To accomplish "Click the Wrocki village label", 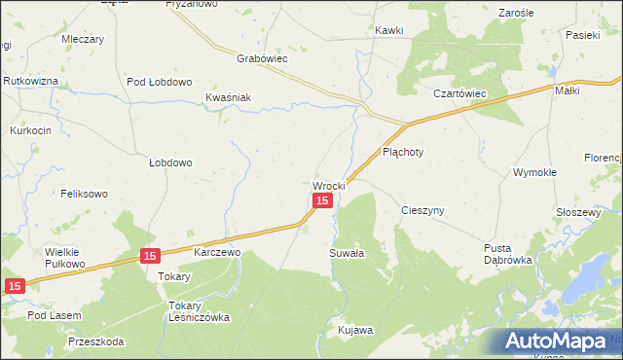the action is coord(329,185).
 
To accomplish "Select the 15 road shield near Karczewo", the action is coord(149,256).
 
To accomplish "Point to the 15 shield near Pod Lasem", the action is coord(14,286).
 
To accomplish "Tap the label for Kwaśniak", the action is coord(229,97).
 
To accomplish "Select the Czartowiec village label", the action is coord(459,93).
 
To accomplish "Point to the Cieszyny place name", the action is coord(422,210).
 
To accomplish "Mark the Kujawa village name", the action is coord(355,331).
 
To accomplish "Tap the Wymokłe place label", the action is coord(534,172).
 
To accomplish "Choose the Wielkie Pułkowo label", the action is coord(66,257).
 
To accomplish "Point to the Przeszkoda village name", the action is coord(96,342).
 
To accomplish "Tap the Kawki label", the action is coord(389,30).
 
